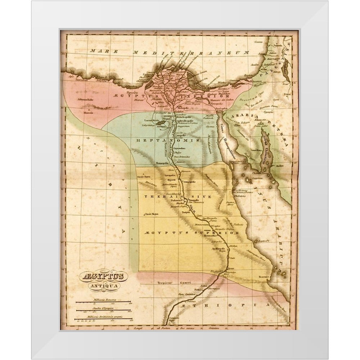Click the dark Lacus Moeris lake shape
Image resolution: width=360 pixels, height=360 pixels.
[x=161, y=122]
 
